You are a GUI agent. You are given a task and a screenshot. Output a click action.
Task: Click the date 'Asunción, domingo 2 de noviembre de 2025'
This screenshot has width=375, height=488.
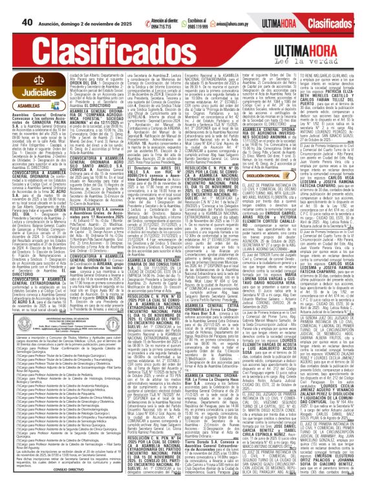coord(72,6)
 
